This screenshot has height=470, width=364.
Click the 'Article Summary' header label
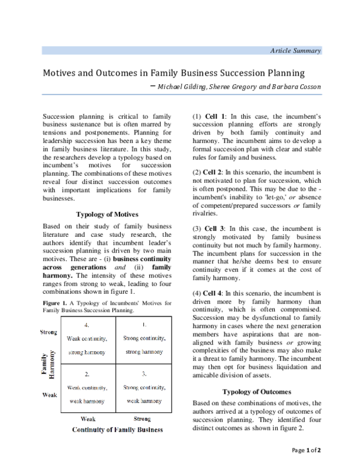click(x=295, y=51)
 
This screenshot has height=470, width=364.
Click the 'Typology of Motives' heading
click(x=107, y=214)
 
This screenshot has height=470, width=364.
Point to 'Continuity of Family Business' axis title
click(x=117, y=429)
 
